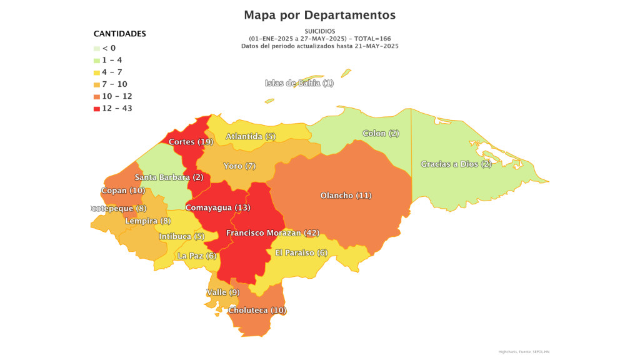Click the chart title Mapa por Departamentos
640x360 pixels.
(319, 14)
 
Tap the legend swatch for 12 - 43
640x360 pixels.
(97, 109)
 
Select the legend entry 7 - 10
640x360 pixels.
(114, 84)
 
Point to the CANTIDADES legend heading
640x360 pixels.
(120, 34)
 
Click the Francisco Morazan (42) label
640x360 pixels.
(272, 233)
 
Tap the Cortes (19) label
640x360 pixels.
(191, 142)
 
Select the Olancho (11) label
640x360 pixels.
(346, 196)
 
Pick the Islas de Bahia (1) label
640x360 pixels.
(299, 83)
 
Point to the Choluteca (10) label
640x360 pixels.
(257, 311)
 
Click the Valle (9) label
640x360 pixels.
(222, 292)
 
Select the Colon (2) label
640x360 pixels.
(381, 133)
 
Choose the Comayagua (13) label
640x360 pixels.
(217, 207)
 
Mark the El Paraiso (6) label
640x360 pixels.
(301, 253)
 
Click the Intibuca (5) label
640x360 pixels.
(181, 237)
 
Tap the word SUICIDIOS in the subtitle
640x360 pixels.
(319, 31)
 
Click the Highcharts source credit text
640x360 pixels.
(524, 352)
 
